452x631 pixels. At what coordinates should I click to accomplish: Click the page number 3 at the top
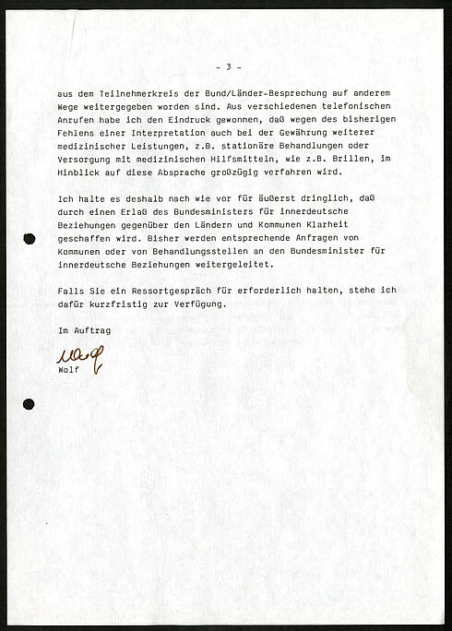coord(227,67)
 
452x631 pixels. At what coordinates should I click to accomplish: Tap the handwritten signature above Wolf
coord(80,354)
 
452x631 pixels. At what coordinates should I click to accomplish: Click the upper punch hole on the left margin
coord(30,239)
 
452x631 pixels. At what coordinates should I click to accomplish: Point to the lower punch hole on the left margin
coord(29,404)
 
